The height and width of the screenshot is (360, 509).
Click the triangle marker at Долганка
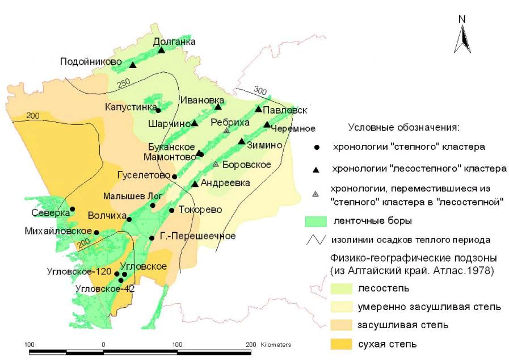tap(161, 50)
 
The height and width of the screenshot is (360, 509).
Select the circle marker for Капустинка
tap(158, 110)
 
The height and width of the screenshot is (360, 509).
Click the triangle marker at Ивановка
tap(218, 107)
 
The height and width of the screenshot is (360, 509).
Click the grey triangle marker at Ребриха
tap(226, 130)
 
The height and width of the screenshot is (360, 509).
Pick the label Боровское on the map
tap(247, 165)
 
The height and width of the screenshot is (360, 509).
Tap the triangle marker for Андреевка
tap(195, 183)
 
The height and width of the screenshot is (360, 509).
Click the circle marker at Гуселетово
tap(174, 177)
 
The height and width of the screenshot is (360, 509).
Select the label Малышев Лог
tap(133, 196)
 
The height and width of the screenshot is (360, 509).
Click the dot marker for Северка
tap(73, 209)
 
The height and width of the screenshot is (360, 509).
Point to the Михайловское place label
tap(58, 231)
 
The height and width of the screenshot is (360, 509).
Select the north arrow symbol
tap(462, 35)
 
